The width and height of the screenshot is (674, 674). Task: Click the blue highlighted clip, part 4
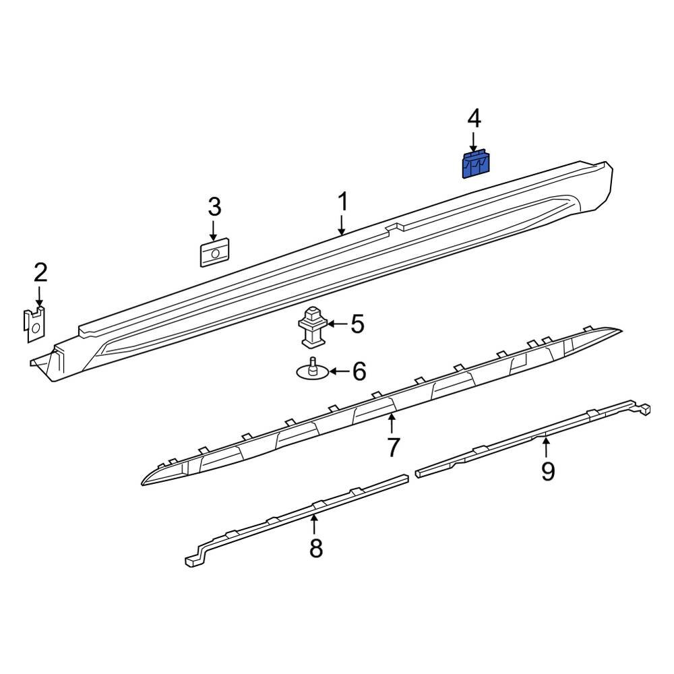pos(476,165)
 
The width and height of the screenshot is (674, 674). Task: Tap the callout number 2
pos(40,273)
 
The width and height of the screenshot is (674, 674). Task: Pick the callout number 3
pos(214,208)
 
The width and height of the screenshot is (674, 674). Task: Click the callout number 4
pos(474,119)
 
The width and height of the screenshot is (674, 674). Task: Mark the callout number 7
pos(393,446)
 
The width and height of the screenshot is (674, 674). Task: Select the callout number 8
pos(315,549)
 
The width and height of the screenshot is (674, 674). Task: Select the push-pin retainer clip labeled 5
pos(311,325)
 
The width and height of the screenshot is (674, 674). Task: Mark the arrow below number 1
pos(342,224)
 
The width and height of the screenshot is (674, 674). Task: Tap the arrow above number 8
pos(314,524)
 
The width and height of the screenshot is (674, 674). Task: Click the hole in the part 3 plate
pos(215,253)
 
